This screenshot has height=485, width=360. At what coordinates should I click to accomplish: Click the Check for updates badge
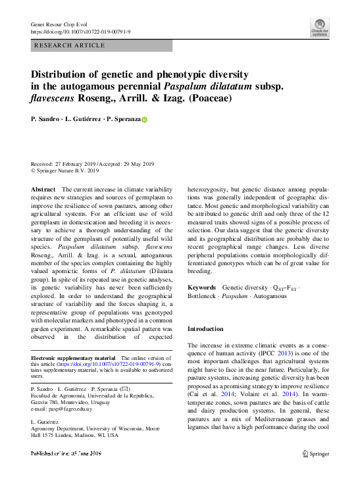click(x=319, y=27)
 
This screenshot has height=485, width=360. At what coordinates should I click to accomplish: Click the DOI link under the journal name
click(x=81, y=32)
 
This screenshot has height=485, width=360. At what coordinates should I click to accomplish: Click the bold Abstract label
click(x=43, y=189)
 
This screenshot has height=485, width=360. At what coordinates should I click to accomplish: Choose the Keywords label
click(x=201, y=288)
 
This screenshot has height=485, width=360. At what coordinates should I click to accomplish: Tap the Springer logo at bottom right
click(x=316, y=453)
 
